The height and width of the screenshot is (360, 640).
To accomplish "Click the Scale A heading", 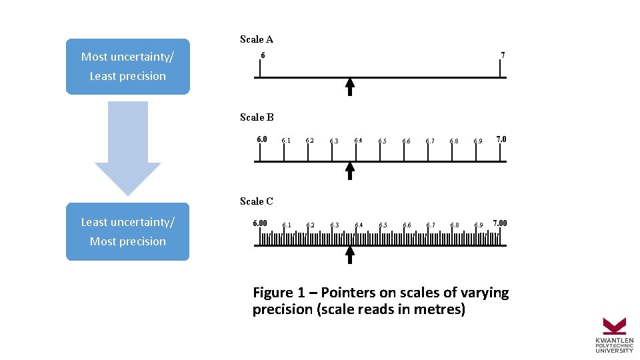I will tap(257, 39).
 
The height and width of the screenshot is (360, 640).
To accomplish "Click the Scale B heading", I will tap(257, 117).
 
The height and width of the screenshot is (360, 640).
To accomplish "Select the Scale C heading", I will tap(257, 201).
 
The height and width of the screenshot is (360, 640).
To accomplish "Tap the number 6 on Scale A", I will tap(263, 55).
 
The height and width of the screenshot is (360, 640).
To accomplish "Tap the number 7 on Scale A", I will tap(503, 55).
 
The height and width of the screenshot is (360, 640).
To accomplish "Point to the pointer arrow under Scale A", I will tap(350, 87).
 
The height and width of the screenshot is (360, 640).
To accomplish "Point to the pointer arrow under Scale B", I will tap(350, 171).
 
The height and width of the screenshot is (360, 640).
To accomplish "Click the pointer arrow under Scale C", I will tap(350, 255).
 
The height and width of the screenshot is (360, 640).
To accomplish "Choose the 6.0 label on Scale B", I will tap(262, 139).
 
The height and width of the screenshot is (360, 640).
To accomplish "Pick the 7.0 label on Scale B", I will tap(501, 139).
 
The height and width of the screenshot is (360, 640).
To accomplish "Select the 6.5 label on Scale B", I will tap(382, 141).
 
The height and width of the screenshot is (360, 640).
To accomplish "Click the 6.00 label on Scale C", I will tap(260, 223).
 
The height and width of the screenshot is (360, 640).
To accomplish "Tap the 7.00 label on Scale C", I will tap(499, 223).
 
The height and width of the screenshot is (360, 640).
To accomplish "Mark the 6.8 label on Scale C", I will tap(454, 225).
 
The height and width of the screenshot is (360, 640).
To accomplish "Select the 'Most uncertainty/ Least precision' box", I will tap(127, 66).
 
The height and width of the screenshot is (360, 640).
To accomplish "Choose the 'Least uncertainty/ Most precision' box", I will tap(127, 231).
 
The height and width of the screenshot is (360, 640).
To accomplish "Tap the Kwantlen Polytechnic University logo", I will tap(614, 335).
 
